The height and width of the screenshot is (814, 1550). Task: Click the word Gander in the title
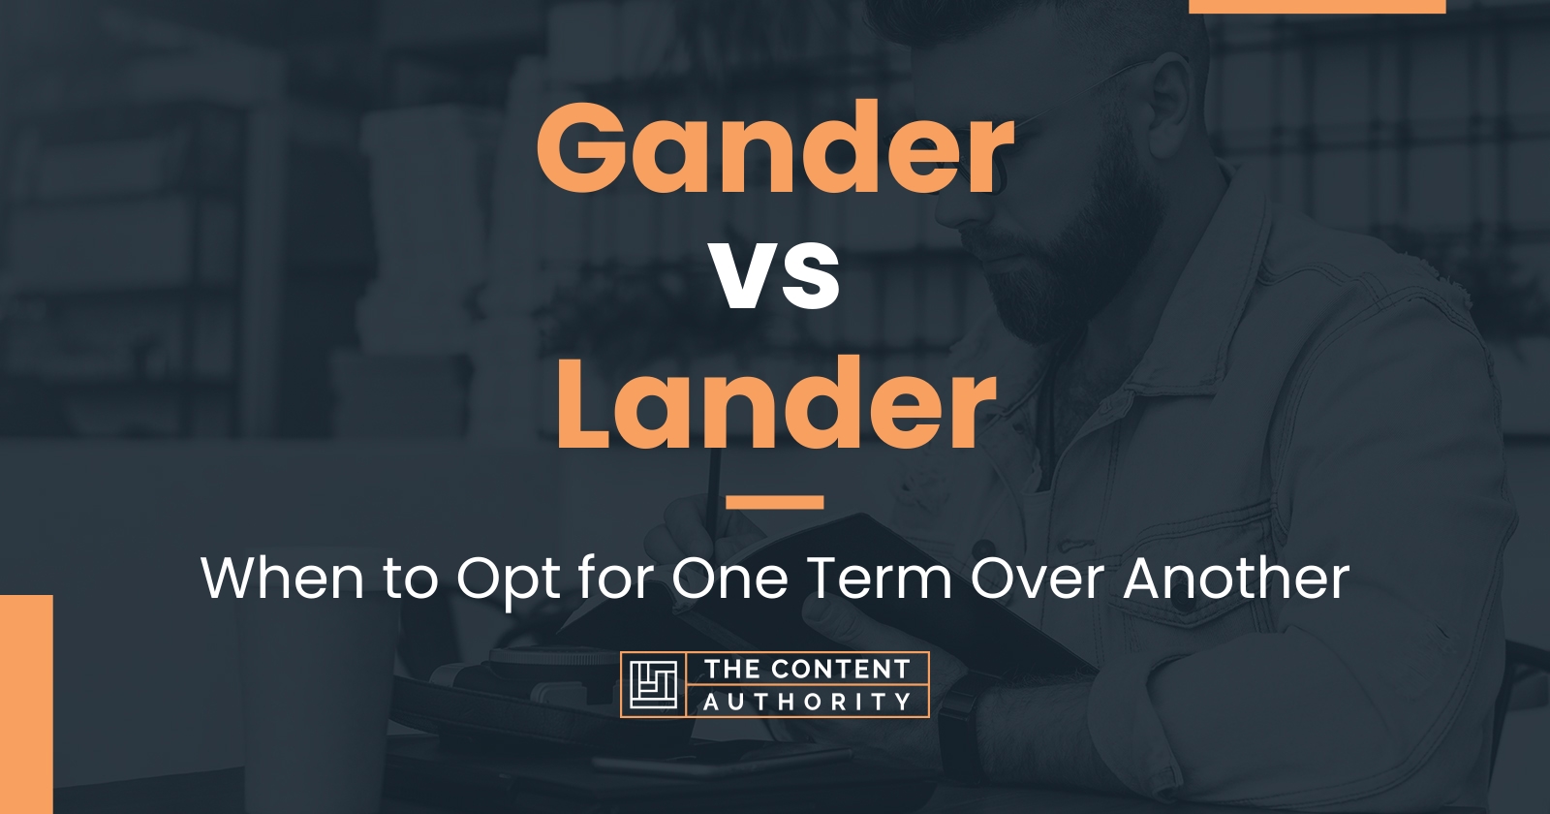[774, 147]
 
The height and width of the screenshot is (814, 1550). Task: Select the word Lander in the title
[776, 401]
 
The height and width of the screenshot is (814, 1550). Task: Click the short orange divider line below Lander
[775, 502]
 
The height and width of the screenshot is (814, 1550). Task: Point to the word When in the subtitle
[282, 578]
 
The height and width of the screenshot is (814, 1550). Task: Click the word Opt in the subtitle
[508, 581]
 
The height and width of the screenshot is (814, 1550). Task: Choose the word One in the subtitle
[730, 578]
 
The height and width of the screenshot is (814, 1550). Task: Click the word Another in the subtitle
[1236, 578]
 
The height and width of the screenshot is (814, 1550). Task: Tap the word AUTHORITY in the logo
[807, 702]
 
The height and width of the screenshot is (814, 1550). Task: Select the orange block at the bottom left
[26, 704]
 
